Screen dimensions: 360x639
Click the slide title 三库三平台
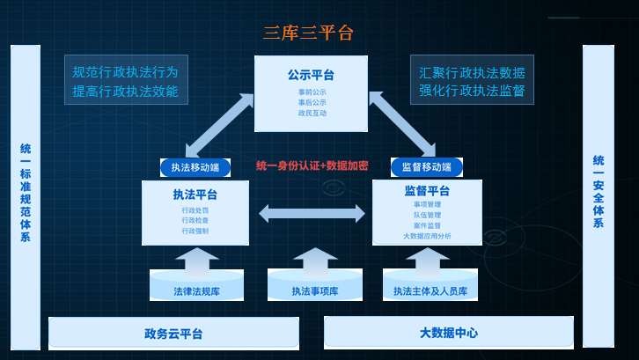pyautogui.click(x=308, y=33)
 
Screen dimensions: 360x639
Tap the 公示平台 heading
pyautogui.click(x=311, y=76)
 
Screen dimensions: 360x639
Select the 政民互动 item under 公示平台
pyautogui.click(x=312, y=113)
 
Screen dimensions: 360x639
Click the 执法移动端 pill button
pyautogui.click(x=195, y=167)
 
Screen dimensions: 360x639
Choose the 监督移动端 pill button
pyautogui.click(x=427, y=167)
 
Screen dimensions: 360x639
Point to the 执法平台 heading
pyautogui.click(x=195, y=195)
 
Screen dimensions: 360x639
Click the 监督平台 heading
pyautogui.click(x=427, y=192)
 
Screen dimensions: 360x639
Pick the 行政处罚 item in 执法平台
pyautogui.click(x=195, y=210)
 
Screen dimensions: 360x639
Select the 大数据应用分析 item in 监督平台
pyautogui.click(x=427, y=236)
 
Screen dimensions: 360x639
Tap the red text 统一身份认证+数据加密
pyautogui.click(x=312, y=165)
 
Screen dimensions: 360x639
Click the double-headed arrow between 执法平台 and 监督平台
pyautogui.click(x=312, y=213)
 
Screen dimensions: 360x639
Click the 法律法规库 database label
pyautogui.click(x=196, y=290)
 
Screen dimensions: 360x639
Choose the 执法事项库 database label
pyautogui.click(x=315, y=290)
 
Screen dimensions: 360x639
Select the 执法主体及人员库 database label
pyautogui.click(x=430, y=290)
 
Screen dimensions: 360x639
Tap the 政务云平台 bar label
pyautogui.click(x=173, y=334)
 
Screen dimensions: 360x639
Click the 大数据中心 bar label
pyautogui.click(x=449, y=334)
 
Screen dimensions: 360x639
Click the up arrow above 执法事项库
pyautogui.click(x=315, y=261)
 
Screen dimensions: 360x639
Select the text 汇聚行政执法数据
pyautogui.click(x=472, y=72)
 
